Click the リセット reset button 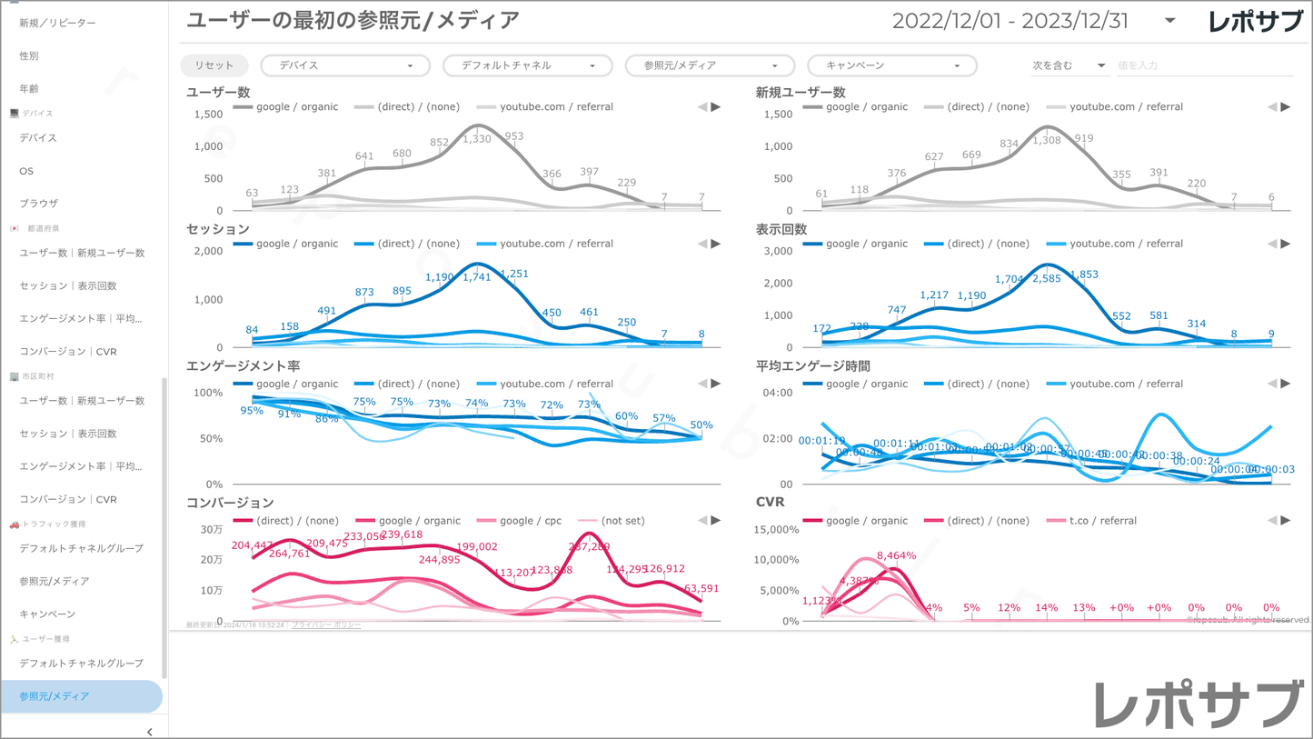214,65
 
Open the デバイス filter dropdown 344,65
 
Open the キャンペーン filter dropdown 891,65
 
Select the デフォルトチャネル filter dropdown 527,65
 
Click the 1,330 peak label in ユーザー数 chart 477,139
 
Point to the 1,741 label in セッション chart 477,277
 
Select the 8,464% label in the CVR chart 896,555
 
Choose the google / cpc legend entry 530,521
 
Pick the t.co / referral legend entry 1102,521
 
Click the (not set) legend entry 622,521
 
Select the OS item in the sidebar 26,171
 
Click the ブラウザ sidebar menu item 38,204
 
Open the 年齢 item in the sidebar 29,89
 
